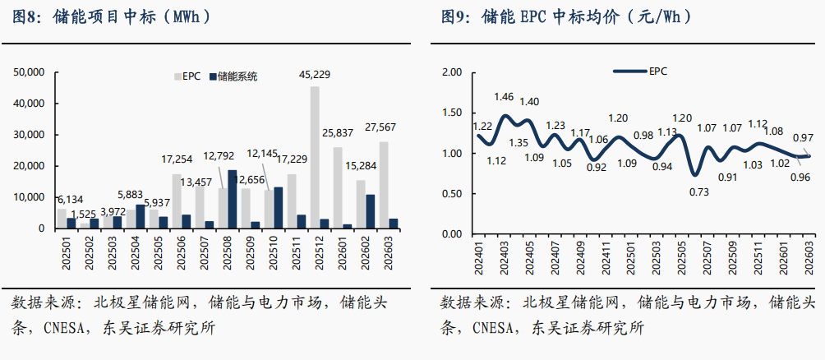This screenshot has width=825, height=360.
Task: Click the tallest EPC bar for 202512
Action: click(315, 156)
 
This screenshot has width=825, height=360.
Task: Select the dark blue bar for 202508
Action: click(232, 199)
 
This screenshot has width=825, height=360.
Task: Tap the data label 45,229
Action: click(315, 75)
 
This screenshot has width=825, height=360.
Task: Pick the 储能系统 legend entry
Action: click(233, 76)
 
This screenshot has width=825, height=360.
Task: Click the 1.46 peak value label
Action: click(504, 97)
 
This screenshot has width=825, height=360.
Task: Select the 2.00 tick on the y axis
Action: click(453, 72)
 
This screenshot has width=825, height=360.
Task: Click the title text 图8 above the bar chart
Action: click(26, 16)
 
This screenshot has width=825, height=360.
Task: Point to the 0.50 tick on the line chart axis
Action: click(453, 194)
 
